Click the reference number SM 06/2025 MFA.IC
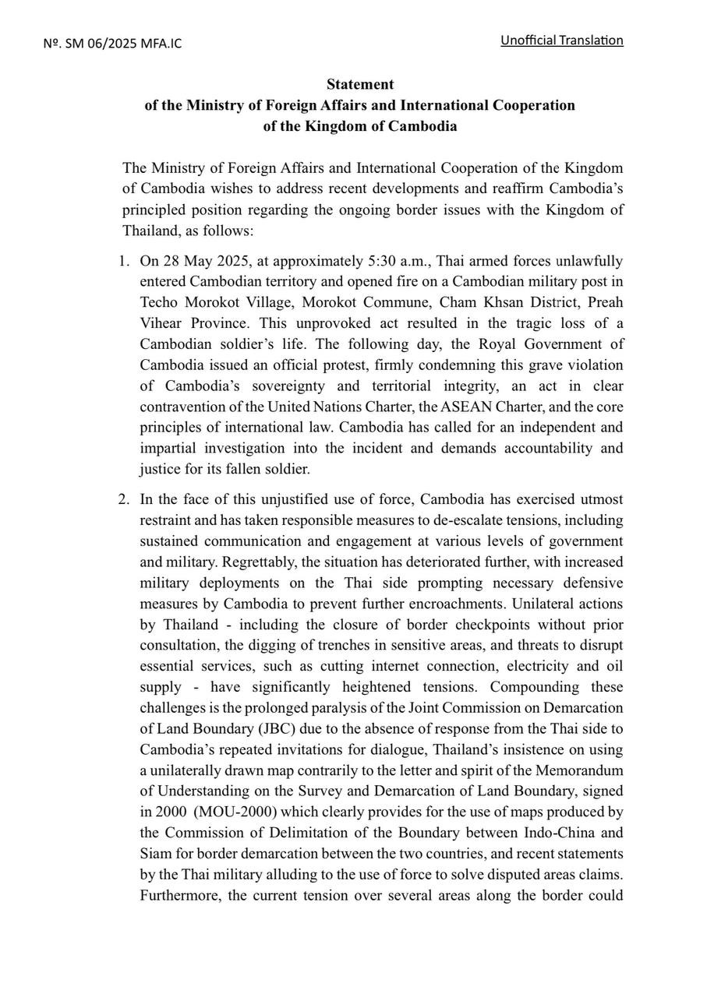tap(112, 44)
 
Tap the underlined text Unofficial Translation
tap(561, 41)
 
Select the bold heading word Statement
tap(360, 84)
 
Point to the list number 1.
tap(124, 261)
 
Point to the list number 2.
tap(124, 499)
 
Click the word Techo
tap(160, 302)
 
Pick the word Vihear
tap(160, 323)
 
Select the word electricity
tap(546, 667)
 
